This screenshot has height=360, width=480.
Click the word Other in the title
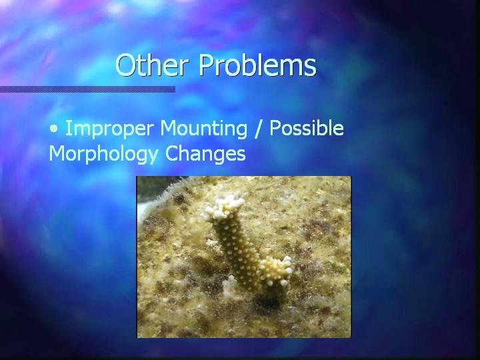[x=152, y=65]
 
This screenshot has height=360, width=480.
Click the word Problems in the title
[x=257, y=65]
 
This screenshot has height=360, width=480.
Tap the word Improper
[x=109, y=129]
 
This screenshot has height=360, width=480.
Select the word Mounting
[x=203, y=129]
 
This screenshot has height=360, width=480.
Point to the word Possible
[x=307, y=128]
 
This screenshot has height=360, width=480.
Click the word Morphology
[x=103, y=154]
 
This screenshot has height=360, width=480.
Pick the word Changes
[x=205, y=154]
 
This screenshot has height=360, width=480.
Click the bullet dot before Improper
[x=54, y=129]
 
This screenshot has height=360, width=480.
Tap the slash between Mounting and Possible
[x=258, y=128]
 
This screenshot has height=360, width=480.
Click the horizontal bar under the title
[x=87, y=89]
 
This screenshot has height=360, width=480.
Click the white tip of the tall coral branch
[x=223, y=207]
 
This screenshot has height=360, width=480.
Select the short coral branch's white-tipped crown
[x=275, y=271]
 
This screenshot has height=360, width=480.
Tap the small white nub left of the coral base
[x=229, y=285]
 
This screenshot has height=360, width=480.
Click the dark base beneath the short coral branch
[x=273, y=295]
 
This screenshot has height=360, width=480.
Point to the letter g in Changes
[x=219, y=156]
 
